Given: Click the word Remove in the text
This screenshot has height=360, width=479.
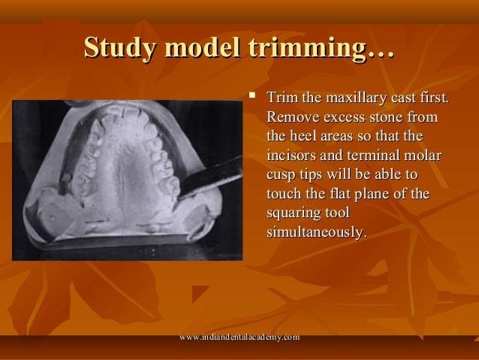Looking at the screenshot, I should click(289, 118).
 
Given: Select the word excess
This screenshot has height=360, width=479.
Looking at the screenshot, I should click(338, 118).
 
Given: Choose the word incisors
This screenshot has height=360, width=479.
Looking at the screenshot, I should click(293, 157).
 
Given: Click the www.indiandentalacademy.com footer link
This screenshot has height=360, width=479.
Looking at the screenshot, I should click(240, 339).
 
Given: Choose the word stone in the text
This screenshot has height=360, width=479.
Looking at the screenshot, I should click(383, 118).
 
